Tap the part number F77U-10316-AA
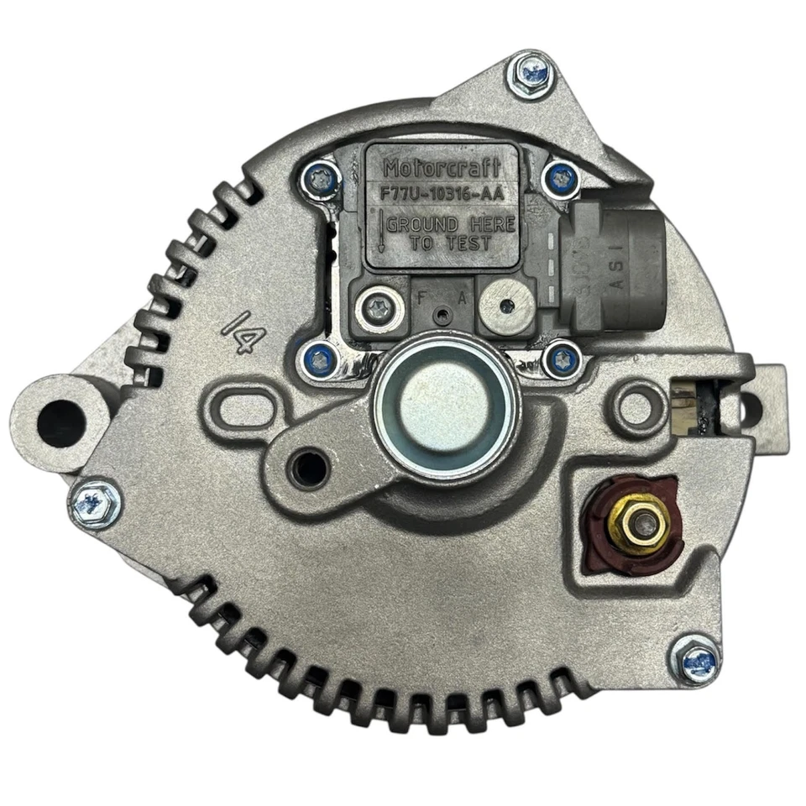[442, 193]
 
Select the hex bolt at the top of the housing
[531, 73]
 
